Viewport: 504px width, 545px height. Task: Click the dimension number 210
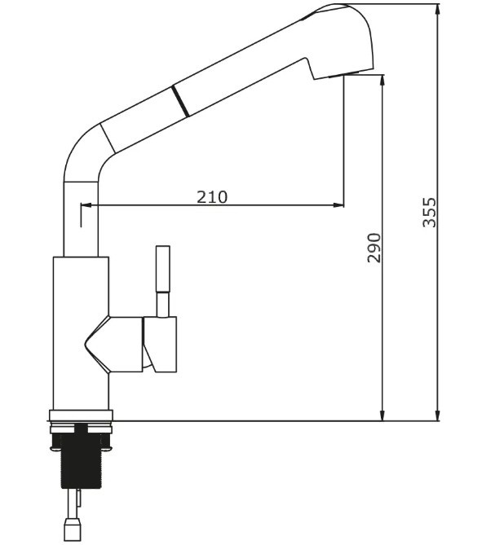click(212, 196)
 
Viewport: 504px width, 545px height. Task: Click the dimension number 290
click(374, 248)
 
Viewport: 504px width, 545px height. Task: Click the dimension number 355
click(429, 213)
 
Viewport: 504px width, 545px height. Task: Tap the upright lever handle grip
click(163, 270)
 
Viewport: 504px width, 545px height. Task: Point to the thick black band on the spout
click(180, 101)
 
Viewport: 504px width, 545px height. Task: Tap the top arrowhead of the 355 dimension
click(437, 10)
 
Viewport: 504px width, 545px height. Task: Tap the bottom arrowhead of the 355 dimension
click(437, 415)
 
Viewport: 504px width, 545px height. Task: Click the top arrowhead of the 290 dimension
click(382, 81)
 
